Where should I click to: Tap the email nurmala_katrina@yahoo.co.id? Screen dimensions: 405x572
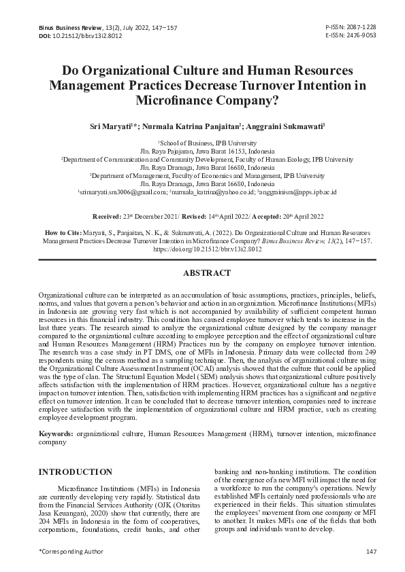[x=214, y=192]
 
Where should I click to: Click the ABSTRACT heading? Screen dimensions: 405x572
[x=202, y=272]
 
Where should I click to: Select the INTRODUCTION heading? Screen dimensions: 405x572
[x=75, y=471]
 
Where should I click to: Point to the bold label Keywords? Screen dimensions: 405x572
[x=56, y=432]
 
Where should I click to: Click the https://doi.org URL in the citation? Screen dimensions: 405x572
[x=202, y=249]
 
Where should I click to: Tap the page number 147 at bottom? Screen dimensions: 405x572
[x=371, y=550]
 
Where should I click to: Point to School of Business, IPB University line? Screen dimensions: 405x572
[x=202, y=143]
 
